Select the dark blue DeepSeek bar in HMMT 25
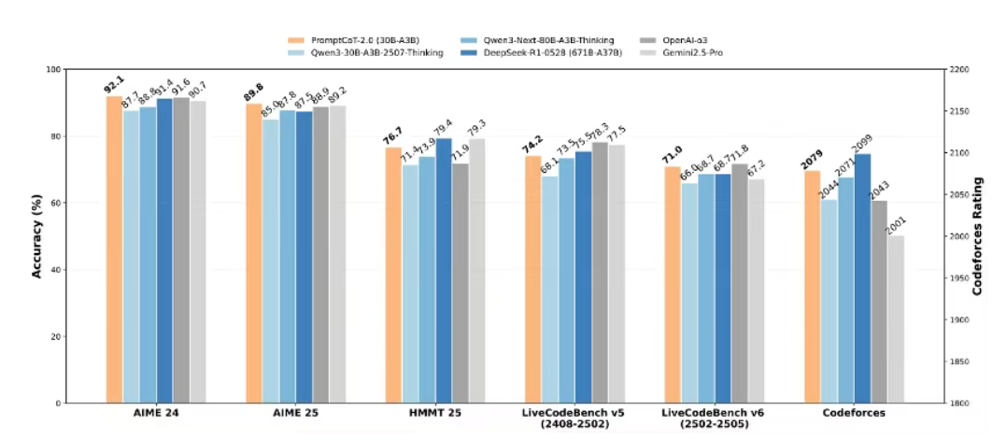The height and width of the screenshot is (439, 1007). coord(444,271)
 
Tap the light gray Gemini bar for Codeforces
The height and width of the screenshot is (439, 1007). coord(897,319)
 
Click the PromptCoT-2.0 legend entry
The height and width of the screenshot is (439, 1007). coord(354,40)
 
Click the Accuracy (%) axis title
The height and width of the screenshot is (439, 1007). coord(37,235)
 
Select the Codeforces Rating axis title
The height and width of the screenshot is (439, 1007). coord(977,235)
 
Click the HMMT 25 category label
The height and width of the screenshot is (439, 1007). coord(436,412)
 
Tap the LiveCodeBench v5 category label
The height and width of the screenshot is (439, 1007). coord(575,412)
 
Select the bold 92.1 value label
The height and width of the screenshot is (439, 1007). coord(113,88)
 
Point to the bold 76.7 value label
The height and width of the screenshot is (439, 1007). coord(392,139)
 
